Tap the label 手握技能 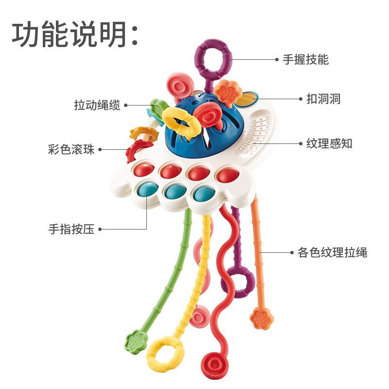click(306, 59)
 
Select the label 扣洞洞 click(323, 99)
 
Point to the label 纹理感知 click(329, 143)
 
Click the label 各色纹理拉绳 click(332, 252)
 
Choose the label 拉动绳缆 click(97, 105)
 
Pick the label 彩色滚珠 click(71, 150)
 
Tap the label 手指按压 click(71, 229)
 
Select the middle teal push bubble click(176, 191)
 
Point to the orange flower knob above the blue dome click(228, 92)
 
